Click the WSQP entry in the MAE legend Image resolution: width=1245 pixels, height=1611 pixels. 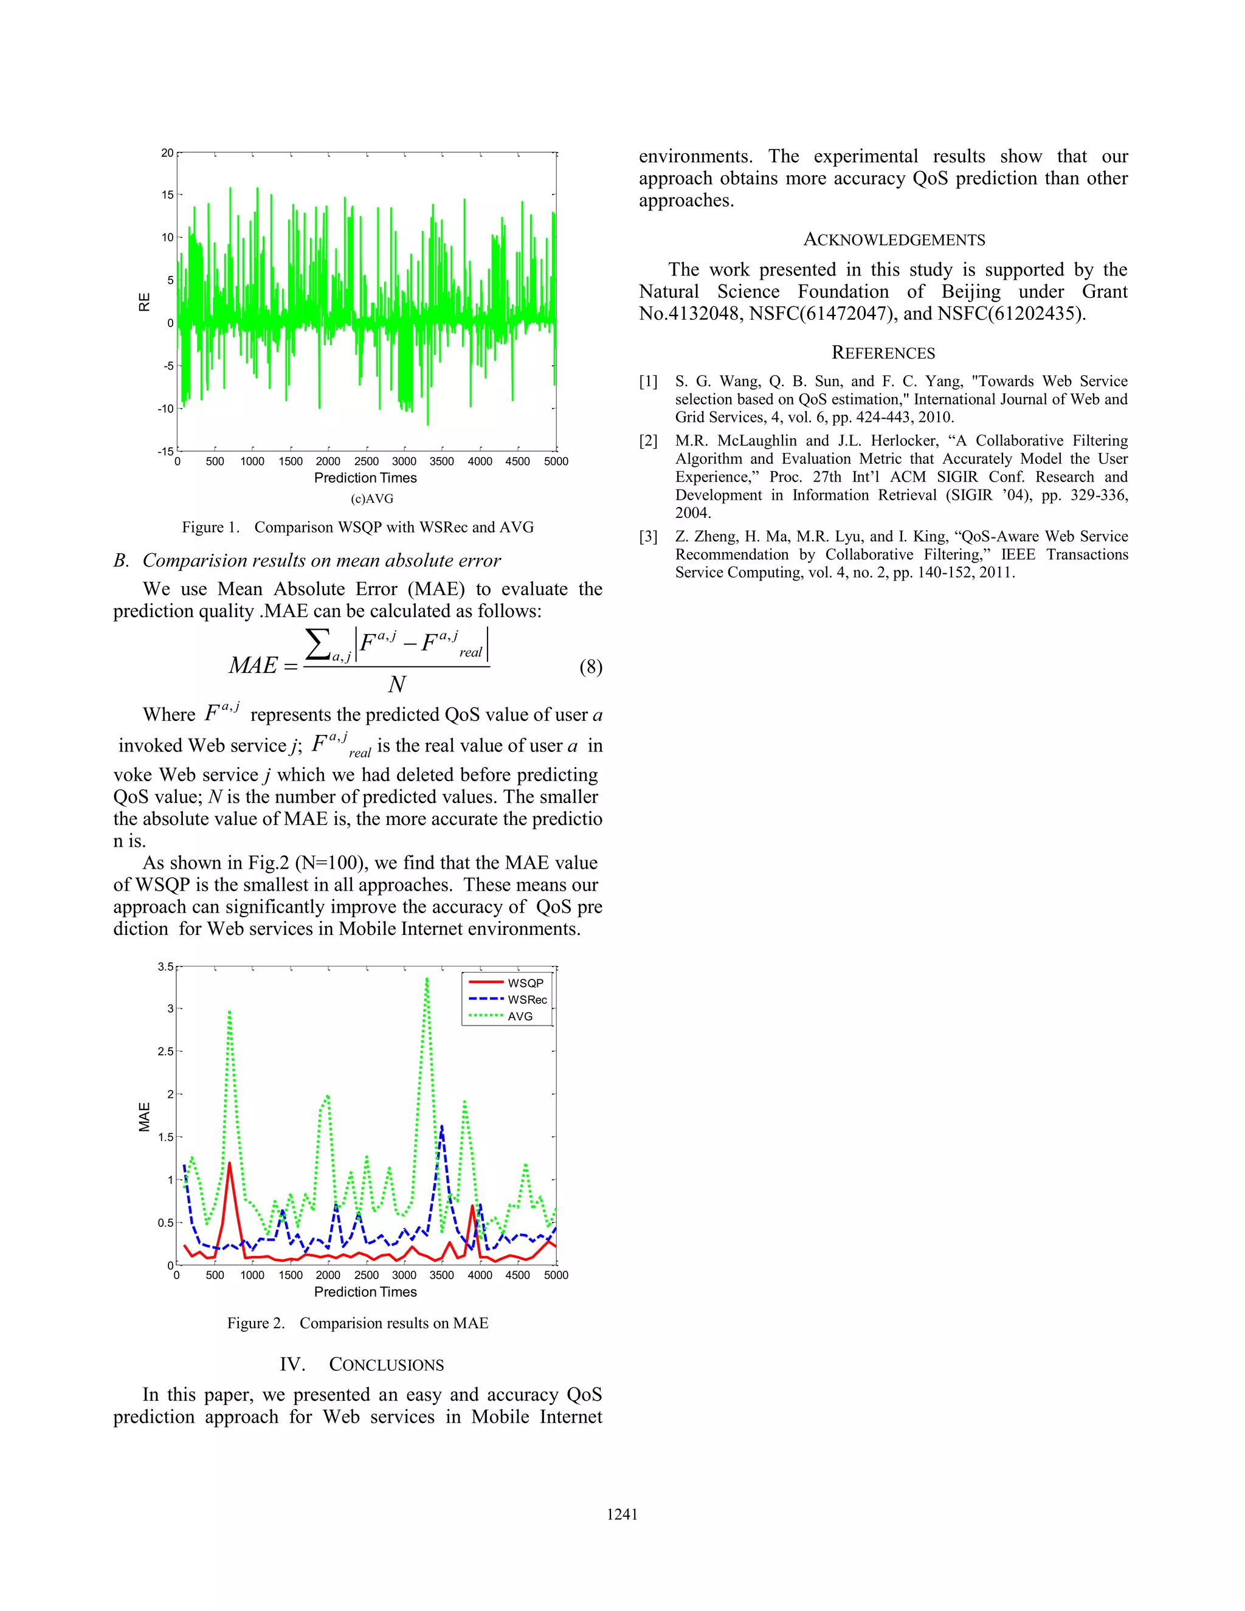pyautogui.click(x=525, y=983)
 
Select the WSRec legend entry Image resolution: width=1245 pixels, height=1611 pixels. pyautogui.click(x=526, y=999)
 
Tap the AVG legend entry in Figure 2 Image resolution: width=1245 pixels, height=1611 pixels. pyautogui.click(x=520, y=1016)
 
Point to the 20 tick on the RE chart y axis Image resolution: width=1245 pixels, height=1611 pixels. pyautogui.click(x=167, y=153)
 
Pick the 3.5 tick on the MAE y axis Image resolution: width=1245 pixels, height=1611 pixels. pyautogui.click(x=166, y=967)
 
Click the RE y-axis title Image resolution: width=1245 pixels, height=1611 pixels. pyautogui.click(x=145, y=302)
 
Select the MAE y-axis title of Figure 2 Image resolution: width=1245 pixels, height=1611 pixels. pyautogui.click(x=145, y=1116)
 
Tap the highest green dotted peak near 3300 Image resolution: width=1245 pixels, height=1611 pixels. pyautogui.click(x=427, y=979)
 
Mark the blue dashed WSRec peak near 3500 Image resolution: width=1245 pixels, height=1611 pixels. pyautogui.click(x=442, y=1126)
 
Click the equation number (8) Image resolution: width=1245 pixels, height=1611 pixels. pyautogui.click(x=591, y=667)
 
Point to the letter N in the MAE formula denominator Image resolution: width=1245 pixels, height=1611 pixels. pyautogui.click(x=397, y=685)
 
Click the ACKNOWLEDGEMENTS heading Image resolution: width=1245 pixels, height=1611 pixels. pyautogui.click(x=894, y=240)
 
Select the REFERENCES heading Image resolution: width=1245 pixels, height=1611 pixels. pyautogui.click(x=883, y=353)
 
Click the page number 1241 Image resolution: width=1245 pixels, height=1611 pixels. pyautogui.click(x=622, y=1514)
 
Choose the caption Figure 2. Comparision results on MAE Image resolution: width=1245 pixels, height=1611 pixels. pyautogui.click(x=357, y=1323)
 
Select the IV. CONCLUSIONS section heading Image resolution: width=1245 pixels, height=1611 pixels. pyautogui.click(x=362, y=1365)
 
